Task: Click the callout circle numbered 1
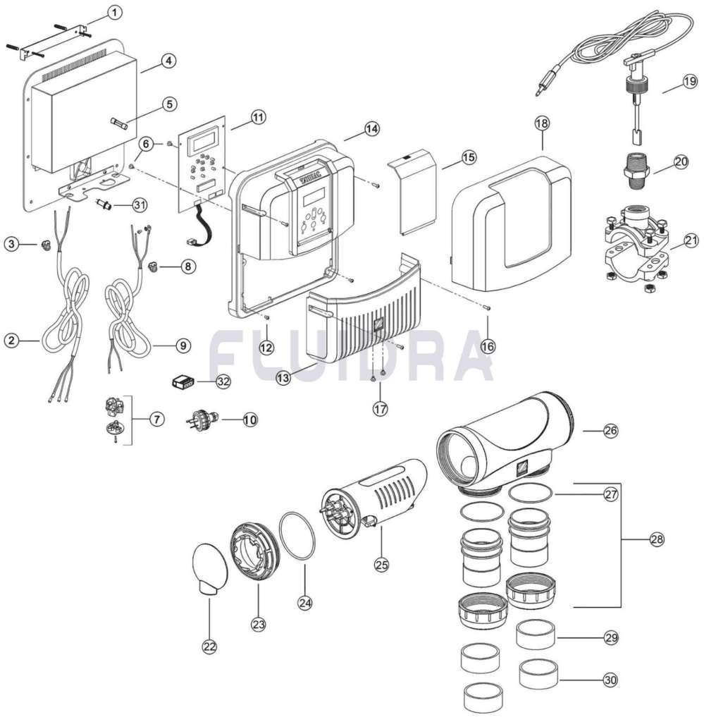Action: tap(115, 13)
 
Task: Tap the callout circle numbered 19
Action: tap(690, 82)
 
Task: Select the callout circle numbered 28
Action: tap(657, 539)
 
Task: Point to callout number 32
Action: tap(223, 381)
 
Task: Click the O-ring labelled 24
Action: tap(297, 536)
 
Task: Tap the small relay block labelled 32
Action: tap(183, 381)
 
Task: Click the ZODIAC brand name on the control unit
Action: tap(313, 180)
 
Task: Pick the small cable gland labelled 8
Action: tap(152, 266)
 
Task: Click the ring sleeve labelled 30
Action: tap(538, 674)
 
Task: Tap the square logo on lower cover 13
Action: tap(378, 323)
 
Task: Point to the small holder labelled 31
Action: tap(104, 203)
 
